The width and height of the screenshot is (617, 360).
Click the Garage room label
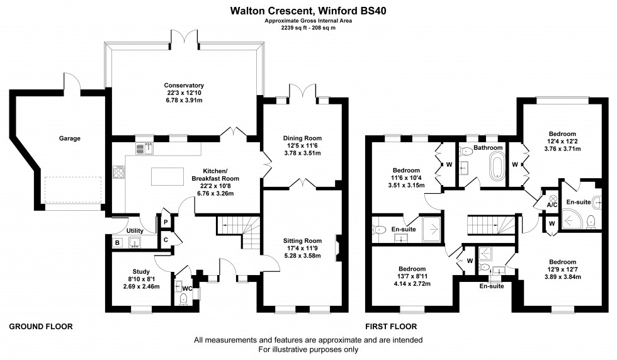coord(70,138)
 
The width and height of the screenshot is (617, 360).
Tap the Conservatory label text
coord(184,86)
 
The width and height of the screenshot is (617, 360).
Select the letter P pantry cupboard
coord(166,222)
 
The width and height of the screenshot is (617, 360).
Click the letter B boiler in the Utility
coord(117,242)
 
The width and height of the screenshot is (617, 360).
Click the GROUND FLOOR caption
coord(41,327)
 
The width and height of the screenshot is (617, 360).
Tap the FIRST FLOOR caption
coord(391,327)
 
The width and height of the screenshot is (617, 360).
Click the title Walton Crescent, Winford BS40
coord(308,11)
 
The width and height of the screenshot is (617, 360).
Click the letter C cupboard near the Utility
coord(166,239)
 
